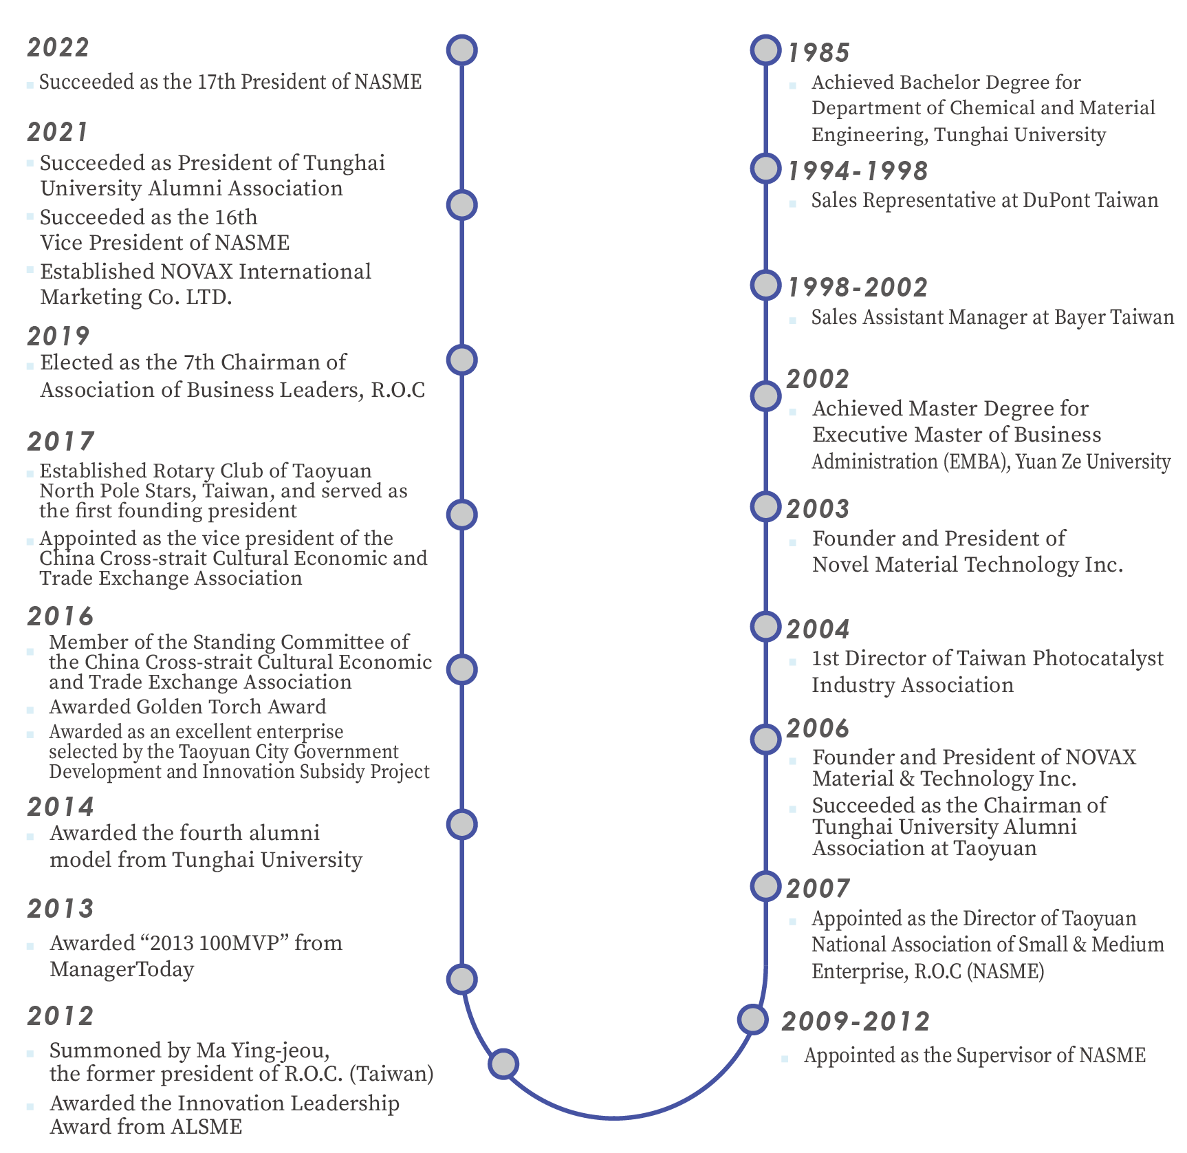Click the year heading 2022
point(58,47)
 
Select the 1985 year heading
point(818,52)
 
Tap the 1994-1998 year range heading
point(858,171)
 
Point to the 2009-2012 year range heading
point(856,1021)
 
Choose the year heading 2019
point(58,336)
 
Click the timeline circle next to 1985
point(765,50)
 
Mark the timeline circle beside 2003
point(765,507)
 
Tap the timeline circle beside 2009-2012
point(753,1019)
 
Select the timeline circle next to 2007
point(765,886)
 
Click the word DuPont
point(1056,200)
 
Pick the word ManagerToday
point(122,969)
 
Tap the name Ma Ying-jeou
point(262,1050)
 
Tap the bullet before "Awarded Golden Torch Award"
point(30,709)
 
